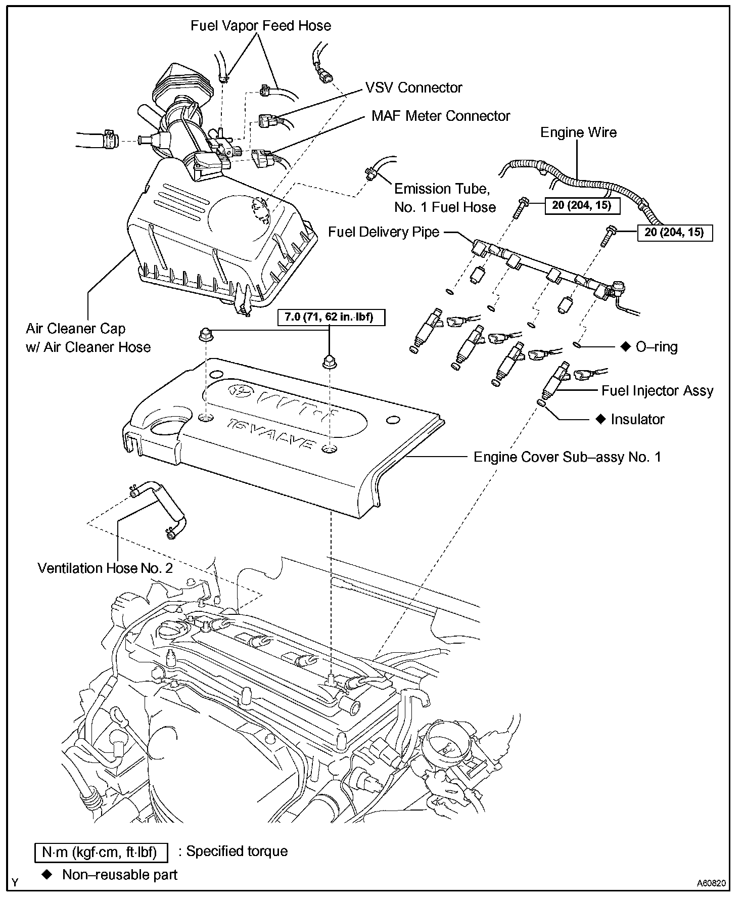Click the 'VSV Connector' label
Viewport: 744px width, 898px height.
[x=414, y=87]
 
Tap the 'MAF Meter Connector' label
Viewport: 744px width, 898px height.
[x=441, y=116]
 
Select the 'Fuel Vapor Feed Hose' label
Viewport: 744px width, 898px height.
[x=261, y=26]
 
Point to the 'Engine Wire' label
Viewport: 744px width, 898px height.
[x=579, y=132]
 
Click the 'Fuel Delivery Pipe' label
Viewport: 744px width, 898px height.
[x=384, y=232]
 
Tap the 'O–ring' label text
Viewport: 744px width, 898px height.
[x=657, y=347]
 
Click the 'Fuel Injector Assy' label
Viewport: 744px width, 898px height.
[x=657, y=391]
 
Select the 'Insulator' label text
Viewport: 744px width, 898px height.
[x=637, y=419]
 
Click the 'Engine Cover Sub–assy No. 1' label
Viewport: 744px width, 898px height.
[x=567, y=457]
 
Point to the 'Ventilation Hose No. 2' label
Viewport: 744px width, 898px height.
[x=105, y=568]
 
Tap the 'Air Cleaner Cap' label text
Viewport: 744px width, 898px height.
[x=76, y=329]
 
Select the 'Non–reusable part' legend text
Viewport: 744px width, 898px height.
[x=120, y=875]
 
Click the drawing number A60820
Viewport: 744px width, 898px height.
[x=712, y=883]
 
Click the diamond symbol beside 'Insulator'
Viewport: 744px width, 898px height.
[x=600, y=419]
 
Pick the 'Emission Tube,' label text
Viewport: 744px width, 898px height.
[x=442, y=189]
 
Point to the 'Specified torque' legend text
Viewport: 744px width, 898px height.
[x=237, y=851]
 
